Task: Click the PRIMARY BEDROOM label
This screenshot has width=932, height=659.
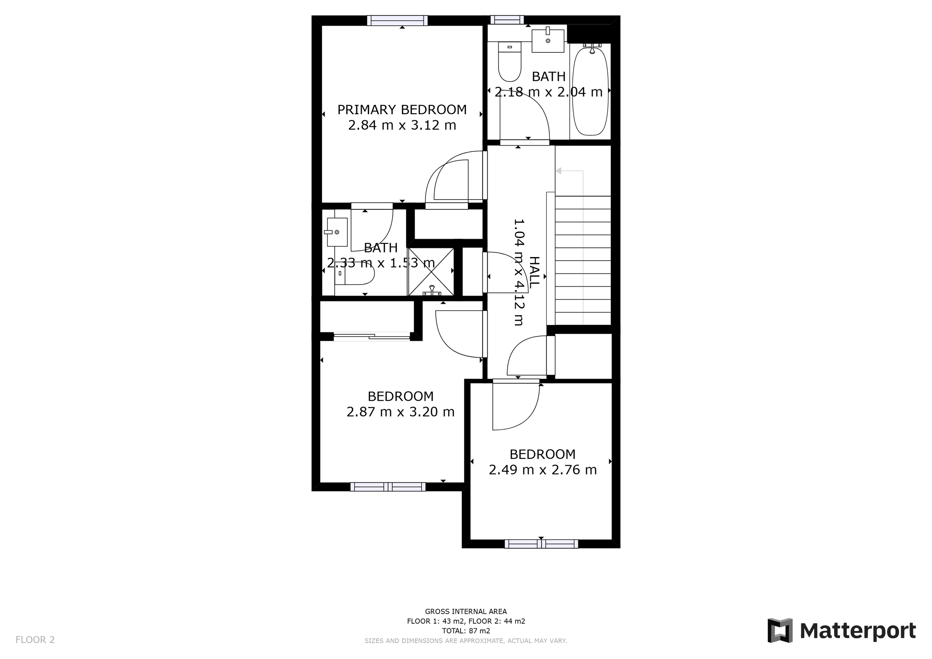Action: pos(402,110)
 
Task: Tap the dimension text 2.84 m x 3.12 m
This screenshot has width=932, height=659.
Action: pos(402,125)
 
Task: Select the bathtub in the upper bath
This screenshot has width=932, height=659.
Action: pos(590,91)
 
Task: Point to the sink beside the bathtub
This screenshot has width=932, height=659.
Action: pos(548,41)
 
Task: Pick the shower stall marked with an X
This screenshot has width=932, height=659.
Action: pos(431,271)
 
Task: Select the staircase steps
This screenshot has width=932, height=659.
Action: pos(582,260)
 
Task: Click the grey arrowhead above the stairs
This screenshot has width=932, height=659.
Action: pos(558,171)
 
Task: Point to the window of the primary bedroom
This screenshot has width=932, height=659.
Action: pos(397,20)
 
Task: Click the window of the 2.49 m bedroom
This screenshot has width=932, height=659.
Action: pos(541,544)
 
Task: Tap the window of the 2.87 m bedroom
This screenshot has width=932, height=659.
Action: pos(388,487)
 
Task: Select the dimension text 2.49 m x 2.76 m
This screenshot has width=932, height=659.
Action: pos(543,470)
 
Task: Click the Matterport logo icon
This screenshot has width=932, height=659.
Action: pos(780,630)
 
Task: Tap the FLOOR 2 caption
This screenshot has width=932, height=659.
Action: pos(35,640)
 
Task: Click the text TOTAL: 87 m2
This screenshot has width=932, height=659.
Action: pos(466,631)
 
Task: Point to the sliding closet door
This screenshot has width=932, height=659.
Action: pos(372,336)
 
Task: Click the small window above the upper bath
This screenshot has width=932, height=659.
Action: pos(507,20)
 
